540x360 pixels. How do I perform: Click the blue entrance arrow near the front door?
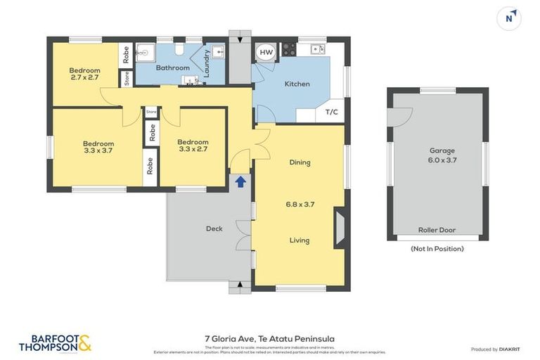click(x=240, y=182)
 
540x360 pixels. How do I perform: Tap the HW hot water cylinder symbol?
click(x=266, y=53)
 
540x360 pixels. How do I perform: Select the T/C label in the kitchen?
click(x=331, y=112)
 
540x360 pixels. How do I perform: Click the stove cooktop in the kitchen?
click(x=288, y=50)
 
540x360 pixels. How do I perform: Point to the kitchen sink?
click(x=317, y=49)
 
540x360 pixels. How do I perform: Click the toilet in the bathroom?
click(x=179, y=50)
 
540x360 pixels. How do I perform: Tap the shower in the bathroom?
click(x=146, y=52)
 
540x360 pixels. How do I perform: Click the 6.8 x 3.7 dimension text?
click(x=300, y=205)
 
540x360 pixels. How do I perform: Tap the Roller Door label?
click(x=437, y=230)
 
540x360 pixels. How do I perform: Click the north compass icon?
click(x=509, y=18)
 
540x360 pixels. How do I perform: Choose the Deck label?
click(x=214, y=229)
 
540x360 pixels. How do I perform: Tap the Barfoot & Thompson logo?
click(x=55, y=343)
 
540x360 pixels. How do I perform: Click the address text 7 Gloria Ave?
click(x=269, y=338)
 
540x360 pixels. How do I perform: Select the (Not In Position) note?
click(x=437, y=248)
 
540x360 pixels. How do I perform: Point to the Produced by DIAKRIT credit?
click(x=494, y=349)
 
